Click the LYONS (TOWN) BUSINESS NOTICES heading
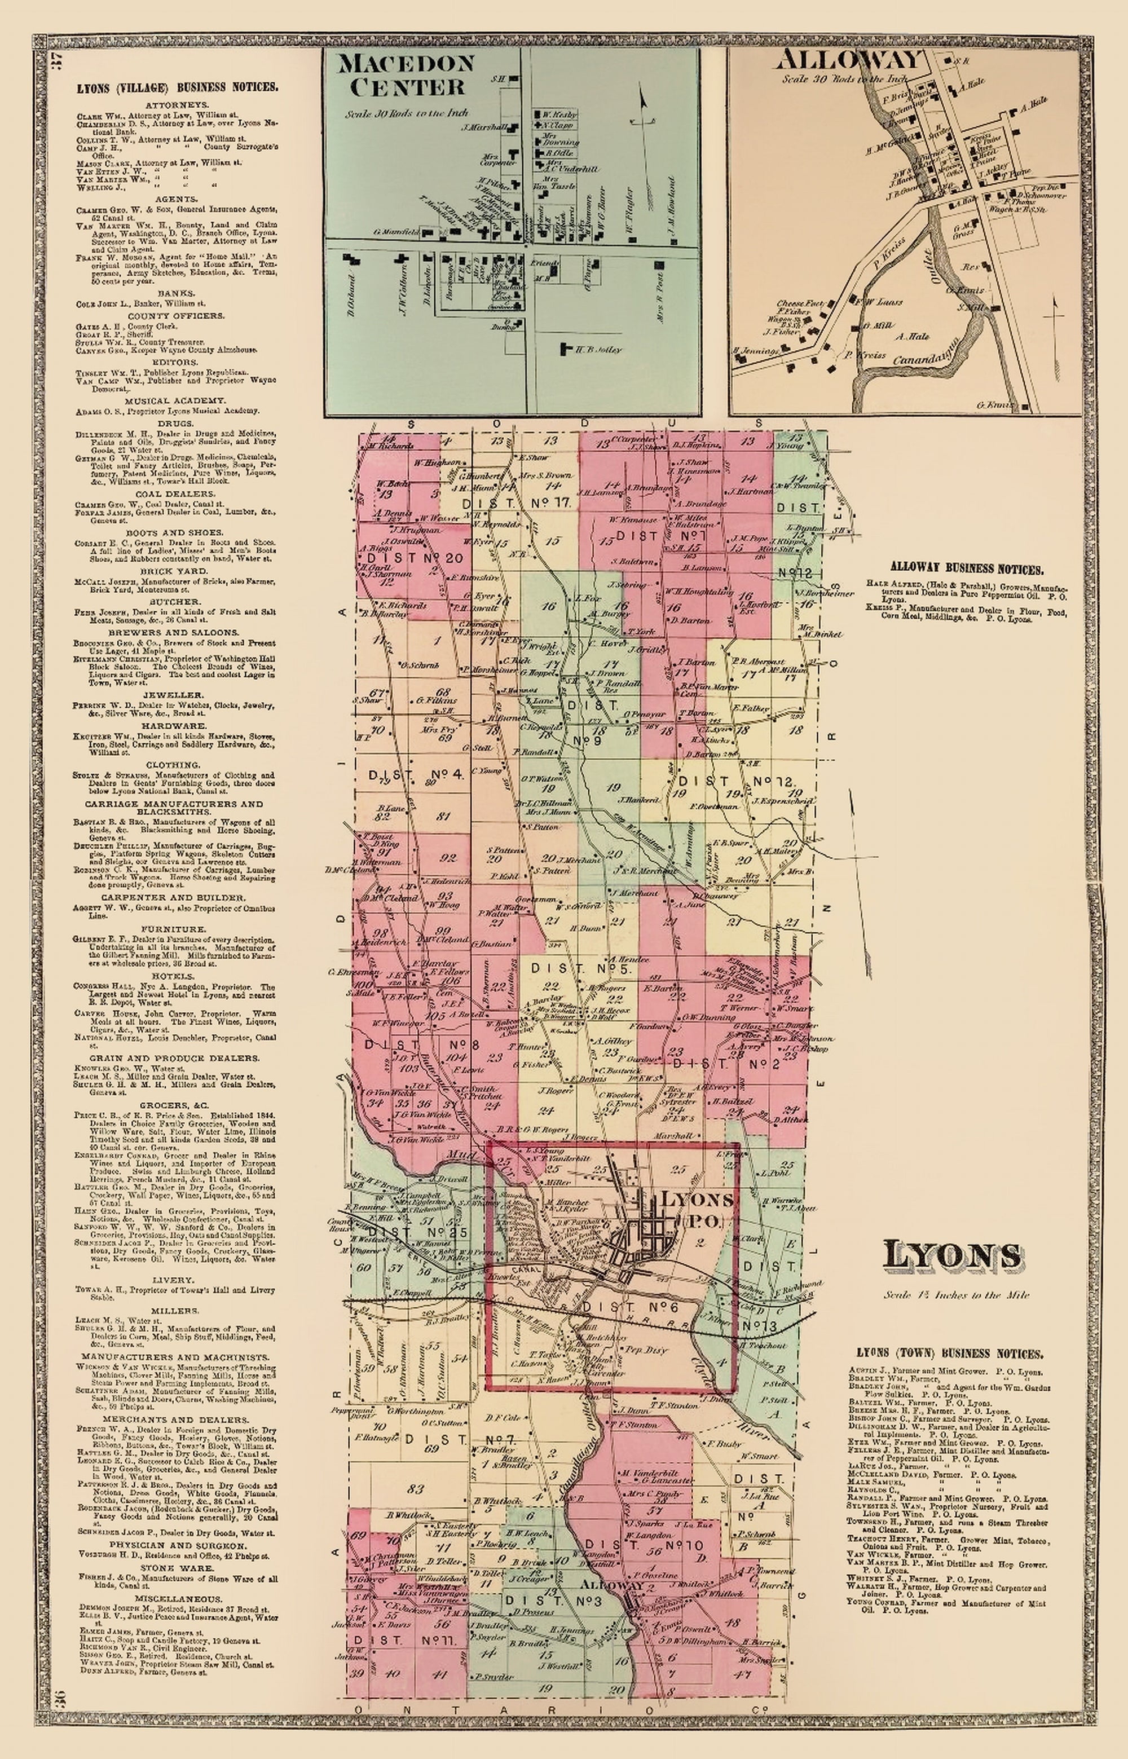coord(950,1355)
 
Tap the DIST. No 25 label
coord(409,1232)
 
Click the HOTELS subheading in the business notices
coord(177,976)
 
